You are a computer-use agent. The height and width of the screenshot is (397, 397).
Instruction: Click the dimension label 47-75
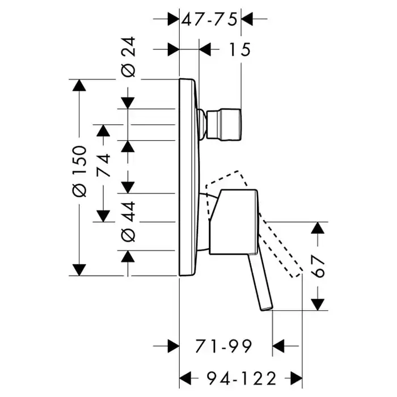coord(209,19)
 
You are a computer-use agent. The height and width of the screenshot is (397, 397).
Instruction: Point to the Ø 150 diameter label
coord(79,171)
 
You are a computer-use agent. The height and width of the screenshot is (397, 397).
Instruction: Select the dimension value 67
coord(318,266)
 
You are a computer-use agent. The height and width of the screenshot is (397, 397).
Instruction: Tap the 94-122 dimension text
coord(240,377)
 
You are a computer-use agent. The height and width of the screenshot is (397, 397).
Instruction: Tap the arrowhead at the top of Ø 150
coord(79,86)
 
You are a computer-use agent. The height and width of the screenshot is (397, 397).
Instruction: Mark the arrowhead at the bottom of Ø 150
coord(79,269)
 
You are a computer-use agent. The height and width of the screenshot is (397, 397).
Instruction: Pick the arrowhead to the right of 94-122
coord(294,377)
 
